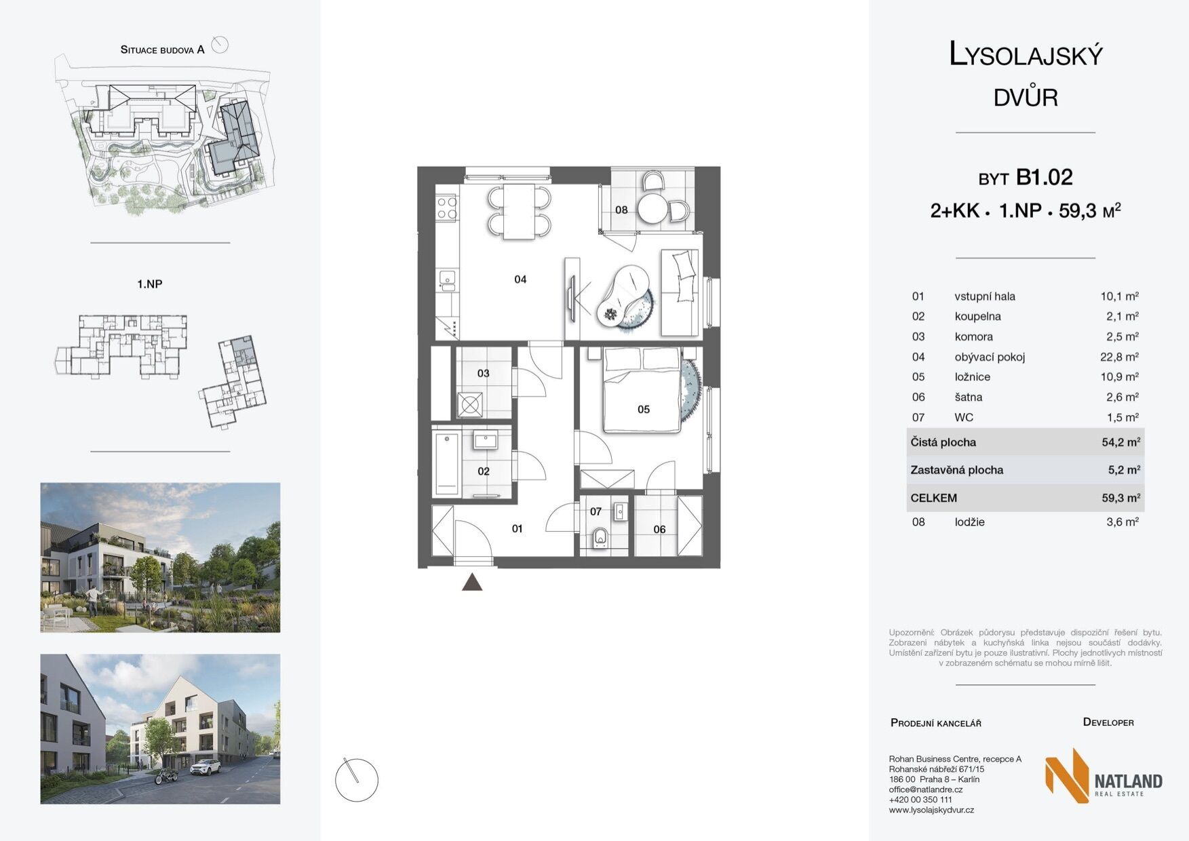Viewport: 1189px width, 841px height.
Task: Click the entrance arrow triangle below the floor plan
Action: point(472,582)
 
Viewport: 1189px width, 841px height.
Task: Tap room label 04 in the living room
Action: point(520,279)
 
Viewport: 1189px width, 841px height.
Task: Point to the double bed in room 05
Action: point(642,390)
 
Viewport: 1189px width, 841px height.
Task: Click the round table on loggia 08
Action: point(653,209)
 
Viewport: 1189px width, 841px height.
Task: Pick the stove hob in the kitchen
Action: point(446,208)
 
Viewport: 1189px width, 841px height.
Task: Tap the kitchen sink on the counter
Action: point(446,279)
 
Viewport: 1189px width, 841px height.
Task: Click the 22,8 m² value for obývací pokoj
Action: point(1119,357)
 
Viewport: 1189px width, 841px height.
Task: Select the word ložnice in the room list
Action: point(972,377)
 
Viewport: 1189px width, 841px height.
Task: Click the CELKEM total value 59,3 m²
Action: point(1120,498)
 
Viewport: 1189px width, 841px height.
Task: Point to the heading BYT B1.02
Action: point(1025,178)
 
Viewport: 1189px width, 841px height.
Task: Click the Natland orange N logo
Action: point(1067,775)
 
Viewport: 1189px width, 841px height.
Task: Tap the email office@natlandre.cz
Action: point(925,789)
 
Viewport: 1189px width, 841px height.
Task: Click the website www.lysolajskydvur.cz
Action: point(931,810)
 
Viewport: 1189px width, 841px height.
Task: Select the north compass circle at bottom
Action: point(357,780)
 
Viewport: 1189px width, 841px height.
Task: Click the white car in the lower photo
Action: point(206,767)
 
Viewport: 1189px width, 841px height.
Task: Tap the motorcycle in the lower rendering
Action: point(166,777)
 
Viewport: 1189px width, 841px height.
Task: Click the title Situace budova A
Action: point(162,50)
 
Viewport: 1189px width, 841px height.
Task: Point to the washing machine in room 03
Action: point(469,406)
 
